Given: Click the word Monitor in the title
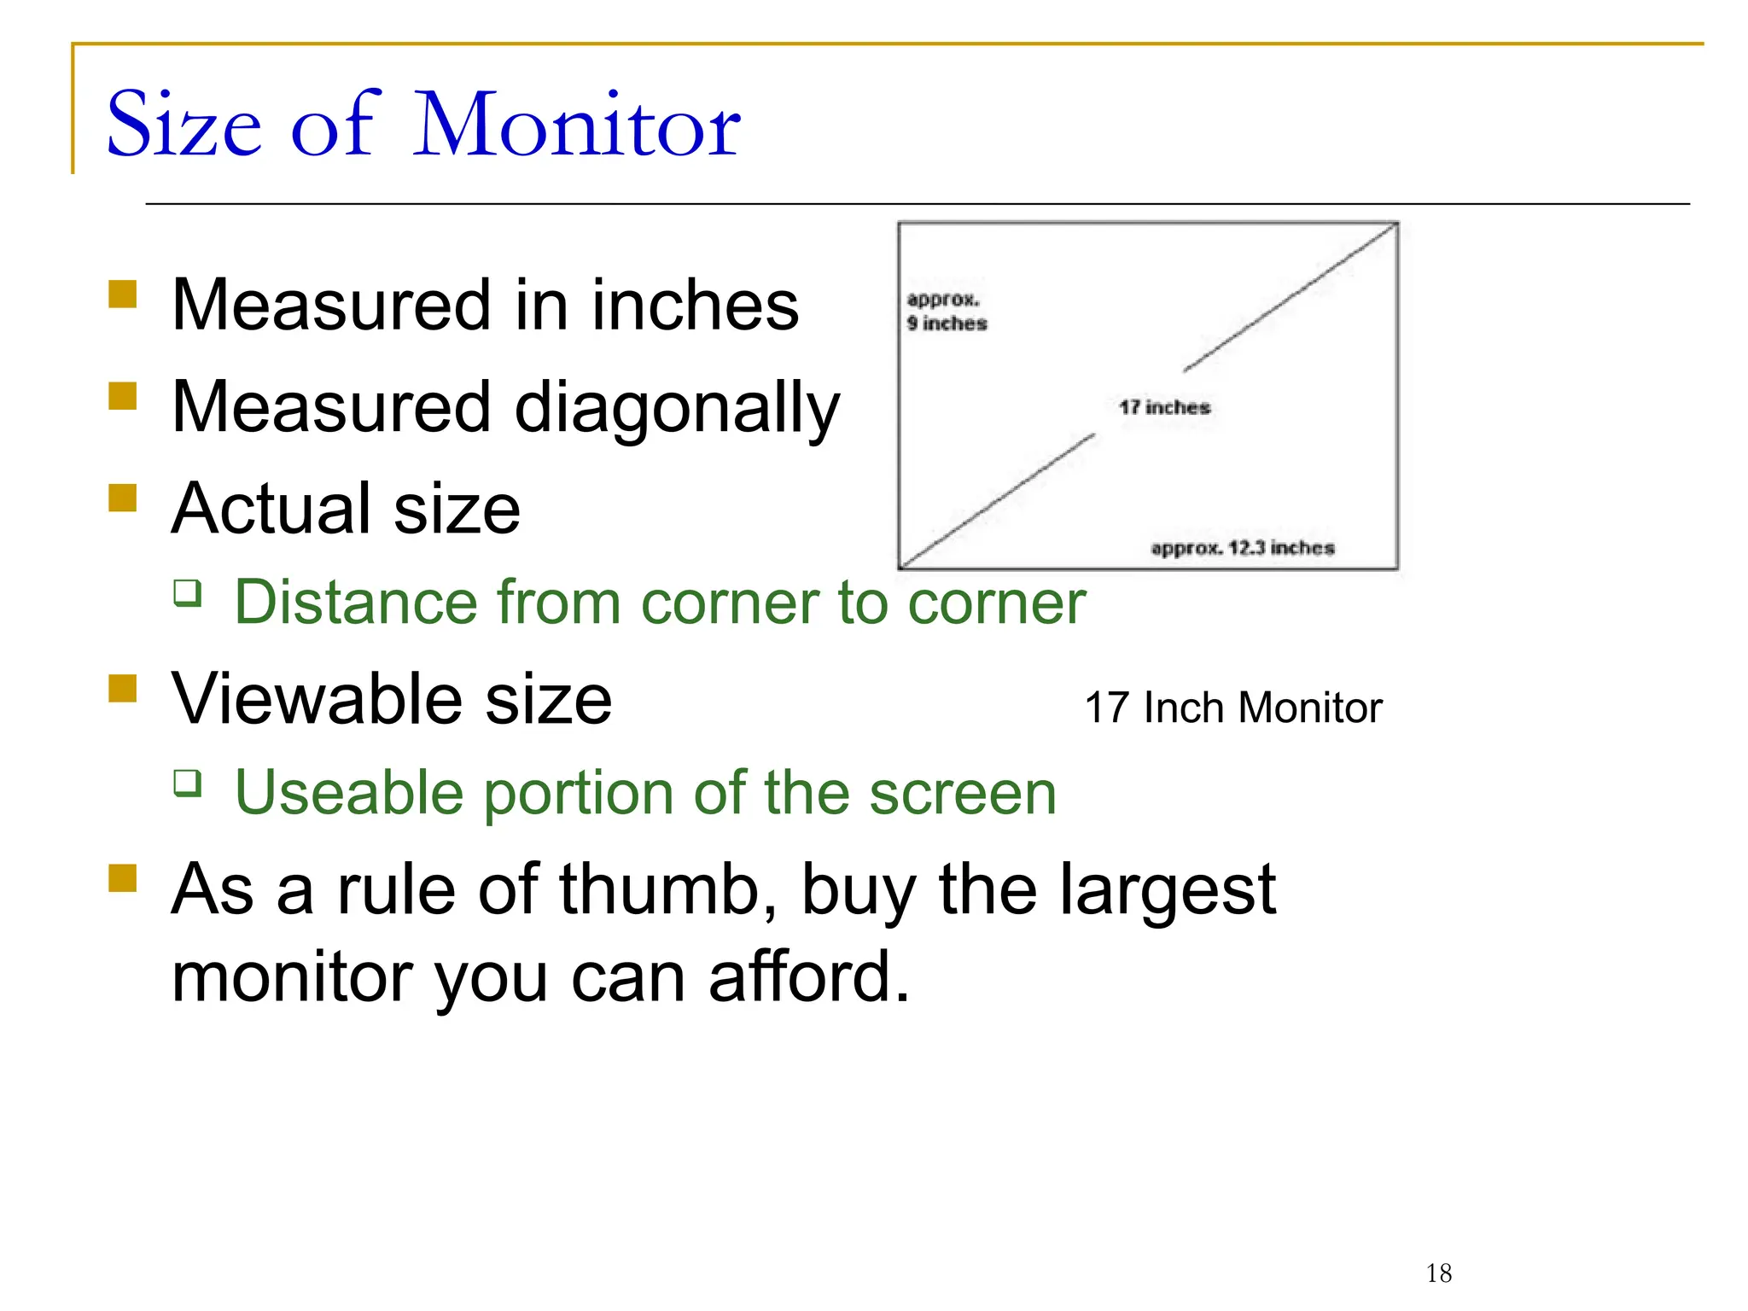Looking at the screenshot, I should pos(577,125).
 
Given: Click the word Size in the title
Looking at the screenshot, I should pos(184,125).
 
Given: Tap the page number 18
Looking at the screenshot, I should pos(1438,1273).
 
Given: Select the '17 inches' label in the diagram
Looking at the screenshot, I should pos(1164,407).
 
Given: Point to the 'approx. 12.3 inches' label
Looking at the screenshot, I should pos(1242,548).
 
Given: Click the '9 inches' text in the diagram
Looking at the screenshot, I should pos(947,323).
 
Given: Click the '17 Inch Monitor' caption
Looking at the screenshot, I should pos(1232,708).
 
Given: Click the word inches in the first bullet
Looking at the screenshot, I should pos(695,306).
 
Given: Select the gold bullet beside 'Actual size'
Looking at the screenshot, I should pos(123,498).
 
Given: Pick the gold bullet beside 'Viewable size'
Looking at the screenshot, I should pos(123,688).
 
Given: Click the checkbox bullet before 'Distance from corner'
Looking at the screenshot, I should pos(188,592).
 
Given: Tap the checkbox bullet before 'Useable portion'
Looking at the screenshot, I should pos(188,783).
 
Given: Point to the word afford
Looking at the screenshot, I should pos(809,977).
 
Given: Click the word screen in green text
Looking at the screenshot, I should pos(963,794).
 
